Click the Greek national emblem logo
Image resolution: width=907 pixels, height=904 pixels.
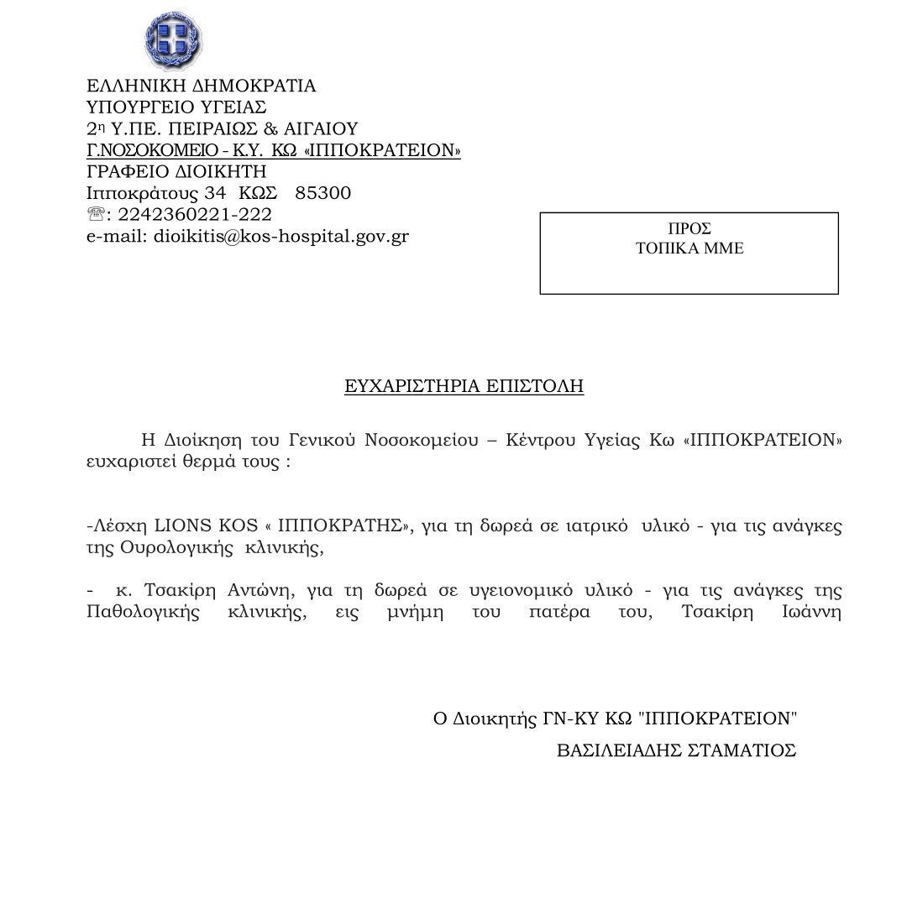174,41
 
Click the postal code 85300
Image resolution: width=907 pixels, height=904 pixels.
323,193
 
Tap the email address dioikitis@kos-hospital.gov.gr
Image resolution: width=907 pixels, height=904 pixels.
280,236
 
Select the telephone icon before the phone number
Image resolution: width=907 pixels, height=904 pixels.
95,215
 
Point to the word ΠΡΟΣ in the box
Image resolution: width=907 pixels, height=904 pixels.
689,228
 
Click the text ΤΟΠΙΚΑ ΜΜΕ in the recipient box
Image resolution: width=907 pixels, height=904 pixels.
689,248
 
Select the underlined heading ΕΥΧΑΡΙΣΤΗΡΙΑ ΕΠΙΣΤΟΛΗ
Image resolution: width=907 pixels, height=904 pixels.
464,387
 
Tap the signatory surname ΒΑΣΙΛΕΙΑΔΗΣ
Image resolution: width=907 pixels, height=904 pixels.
627,750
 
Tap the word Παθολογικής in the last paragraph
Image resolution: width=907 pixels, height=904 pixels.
143,613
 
